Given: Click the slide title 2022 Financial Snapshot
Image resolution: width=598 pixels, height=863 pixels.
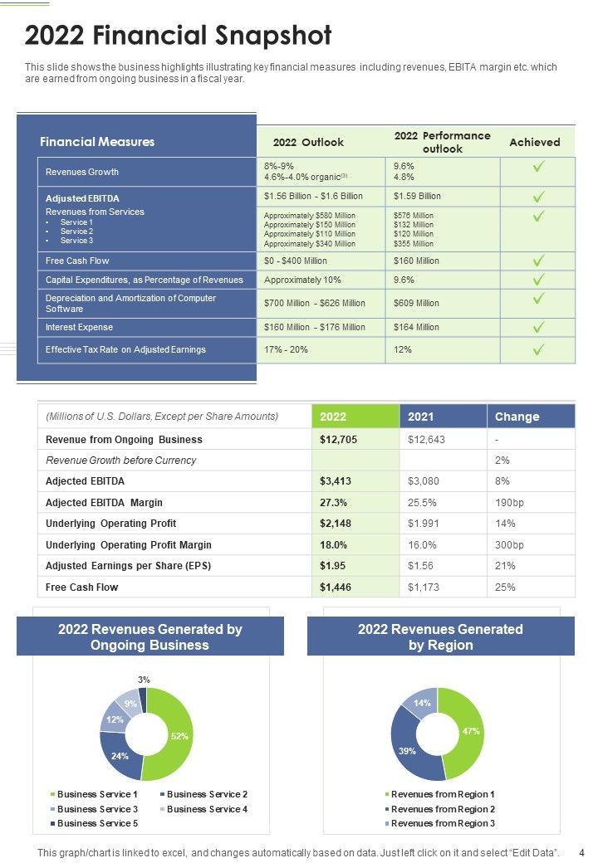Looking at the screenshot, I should point(179,36).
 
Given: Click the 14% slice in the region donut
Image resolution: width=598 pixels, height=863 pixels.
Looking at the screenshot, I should point(423,703).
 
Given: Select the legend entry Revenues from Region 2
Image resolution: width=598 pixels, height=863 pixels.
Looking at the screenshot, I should point(443,809).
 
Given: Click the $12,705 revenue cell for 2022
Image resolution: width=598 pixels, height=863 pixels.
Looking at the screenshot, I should point(339,440).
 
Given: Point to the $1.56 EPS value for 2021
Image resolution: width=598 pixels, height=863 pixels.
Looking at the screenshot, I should point(420,566).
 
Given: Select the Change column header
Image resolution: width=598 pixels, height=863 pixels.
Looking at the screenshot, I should point(517,417).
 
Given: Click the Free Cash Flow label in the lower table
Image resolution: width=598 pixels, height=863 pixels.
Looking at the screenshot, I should point(82,588).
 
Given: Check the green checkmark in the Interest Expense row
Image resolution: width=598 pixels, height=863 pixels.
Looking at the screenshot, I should point(538,327).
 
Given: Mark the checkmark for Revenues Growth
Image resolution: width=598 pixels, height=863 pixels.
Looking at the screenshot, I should point(538,167).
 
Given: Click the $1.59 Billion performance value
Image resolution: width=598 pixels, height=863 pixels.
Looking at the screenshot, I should point(417,197).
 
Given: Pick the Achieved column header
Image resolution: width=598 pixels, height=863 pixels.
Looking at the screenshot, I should point(534,142).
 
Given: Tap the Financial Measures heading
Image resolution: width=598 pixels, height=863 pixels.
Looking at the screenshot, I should point(97,142).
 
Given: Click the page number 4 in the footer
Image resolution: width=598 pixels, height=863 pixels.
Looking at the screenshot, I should point(581,852).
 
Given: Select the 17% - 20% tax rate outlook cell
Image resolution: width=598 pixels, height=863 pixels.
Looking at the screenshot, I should point(286,350).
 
